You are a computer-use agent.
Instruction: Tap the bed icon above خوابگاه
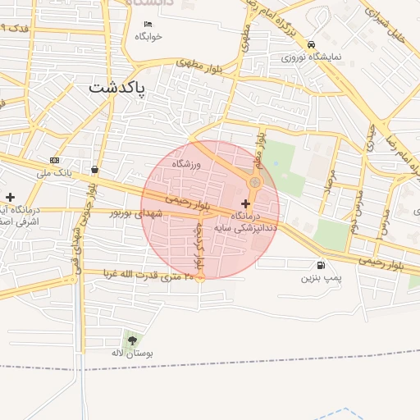click(148, 24)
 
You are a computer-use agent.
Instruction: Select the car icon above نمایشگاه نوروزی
click(310, 44)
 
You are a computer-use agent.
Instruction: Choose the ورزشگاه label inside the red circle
click(186, 164)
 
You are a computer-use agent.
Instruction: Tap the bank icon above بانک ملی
click(54, 160)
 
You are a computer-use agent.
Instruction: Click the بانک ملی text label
click(55, 173)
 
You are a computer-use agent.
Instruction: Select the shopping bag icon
click(96, 170)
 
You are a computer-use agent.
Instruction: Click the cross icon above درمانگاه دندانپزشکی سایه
click(245, 203)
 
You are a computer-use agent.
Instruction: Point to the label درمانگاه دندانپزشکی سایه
click(246, 221)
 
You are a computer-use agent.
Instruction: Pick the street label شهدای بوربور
click(138, 213)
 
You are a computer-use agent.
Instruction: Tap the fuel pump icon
click(319, 264)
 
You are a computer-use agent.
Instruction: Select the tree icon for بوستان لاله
click(132, 340)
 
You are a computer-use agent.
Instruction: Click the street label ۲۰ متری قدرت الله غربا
click(148, 275)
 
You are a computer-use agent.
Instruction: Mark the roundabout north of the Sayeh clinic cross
click(255, 182)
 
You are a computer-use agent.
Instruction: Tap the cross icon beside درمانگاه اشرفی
click(10, 197)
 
